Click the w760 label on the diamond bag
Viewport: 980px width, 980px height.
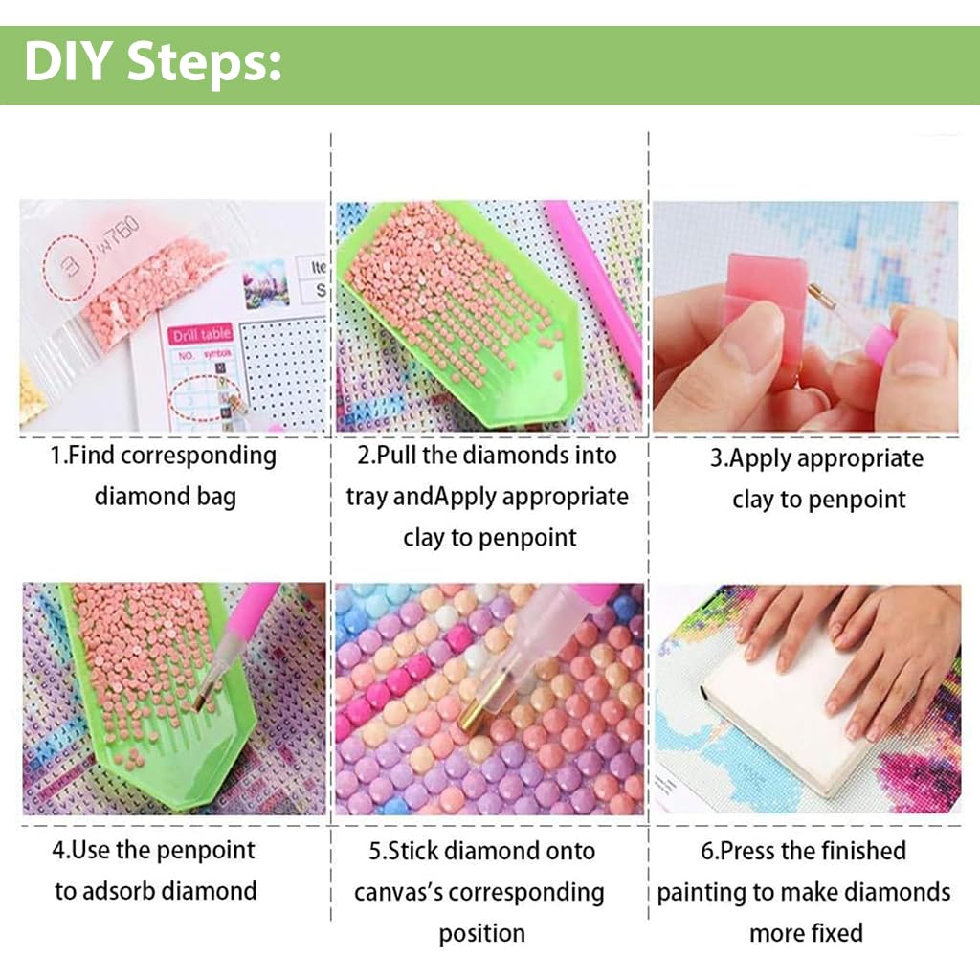(117, 234)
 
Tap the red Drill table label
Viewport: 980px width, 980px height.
(201, 336)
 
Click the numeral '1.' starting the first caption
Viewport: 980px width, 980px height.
(58, 456)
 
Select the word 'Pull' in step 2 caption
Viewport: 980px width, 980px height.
(396, 456)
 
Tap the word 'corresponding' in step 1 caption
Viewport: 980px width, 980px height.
(198, 456)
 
